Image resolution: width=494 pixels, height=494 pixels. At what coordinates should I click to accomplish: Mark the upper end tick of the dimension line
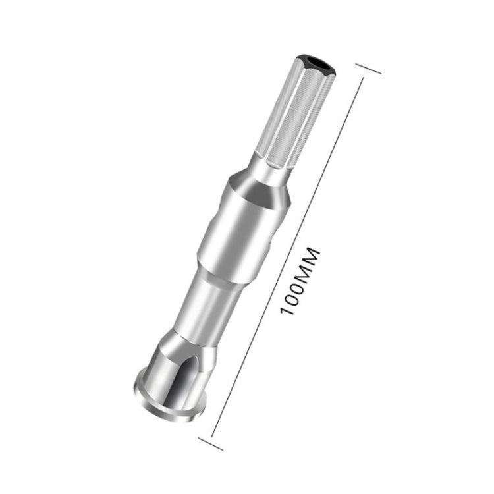[368, 69]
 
